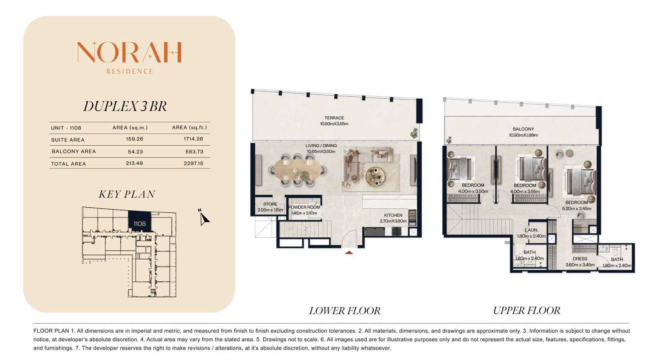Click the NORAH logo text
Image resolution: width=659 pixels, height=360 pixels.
tap(130, 52)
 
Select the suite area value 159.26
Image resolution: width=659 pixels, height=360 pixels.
tap(134, 139)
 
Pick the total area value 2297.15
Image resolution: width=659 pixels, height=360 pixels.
tap(193, 163)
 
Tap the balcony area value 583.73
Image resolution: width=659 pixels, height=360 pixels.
tap(194, 152)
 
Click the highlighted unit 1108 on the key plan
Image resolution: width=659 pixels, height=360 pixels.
tap(139, 222)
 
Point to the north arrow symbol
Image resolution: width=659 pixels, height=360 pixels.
tap(203, 217)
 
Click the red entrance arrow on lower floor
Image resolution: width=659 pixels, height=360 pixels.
tap(349, 252)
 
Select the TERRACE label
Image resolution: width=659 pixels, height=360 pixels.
tap(334, 118)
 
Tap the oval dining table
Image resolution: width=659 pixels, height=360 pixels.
tap(298, 170)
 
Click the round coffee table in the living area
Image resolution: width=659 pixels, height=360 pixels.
tap(376, 176)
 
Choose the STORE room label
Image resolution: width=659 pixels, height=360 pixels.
tap(270, 204)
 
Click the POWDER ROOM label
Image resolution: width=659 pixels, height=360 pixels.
tap(304, 207)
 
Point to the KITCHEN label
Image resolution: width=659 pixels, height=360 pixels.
tap(393, 215)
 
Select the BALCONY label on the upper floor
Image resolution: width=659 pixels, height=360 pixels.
tap(523, 129)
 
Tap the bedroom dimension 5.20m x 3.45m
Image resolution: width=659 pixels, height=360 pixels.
tap(577, 208)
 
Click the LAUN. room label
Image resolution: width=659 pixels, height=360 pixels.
tap(531, 230)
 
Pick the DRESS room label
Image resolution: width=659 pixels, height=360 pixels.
tap(580, 259)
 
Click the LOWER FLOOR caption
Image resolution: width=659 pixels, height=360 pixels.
tap(345, 311)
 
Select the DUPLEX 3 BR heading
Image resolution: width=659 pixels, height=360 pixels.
tap(125, 106)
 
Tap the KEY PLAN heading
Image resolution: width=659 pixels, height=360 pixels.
tap(127, 194)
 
